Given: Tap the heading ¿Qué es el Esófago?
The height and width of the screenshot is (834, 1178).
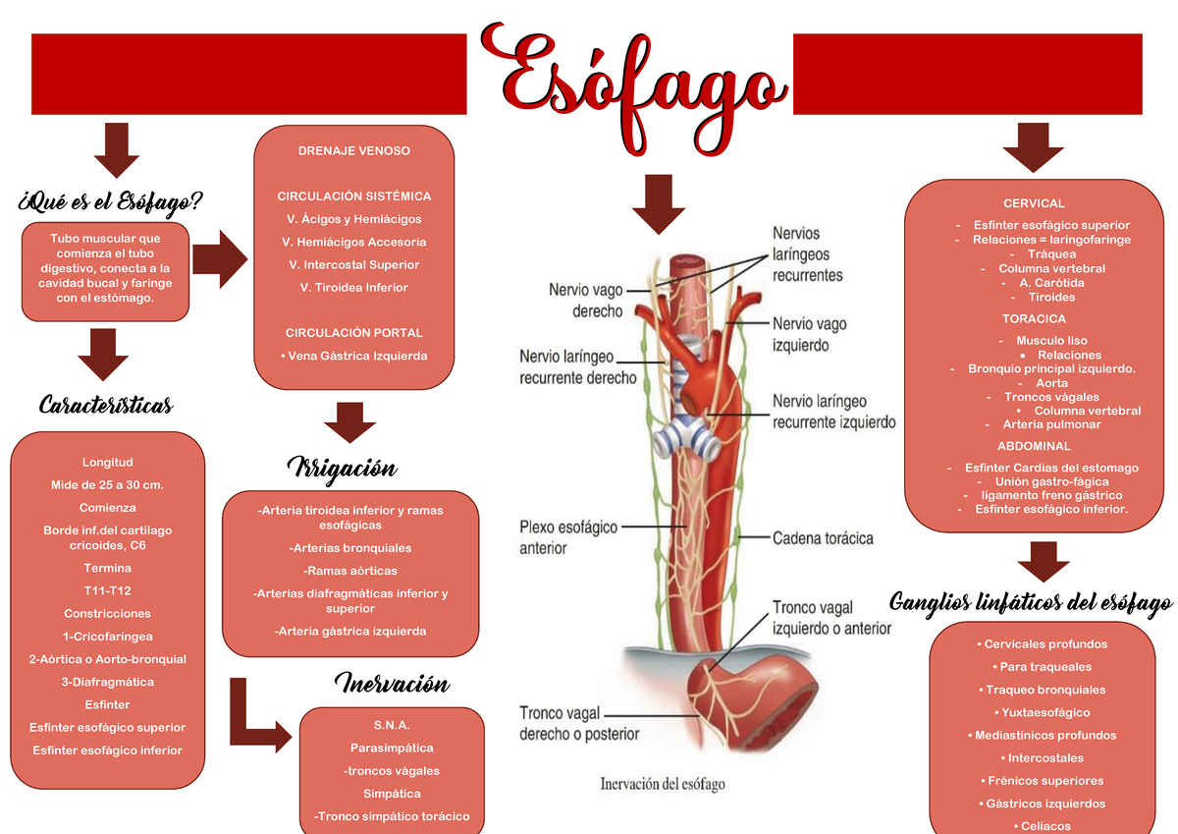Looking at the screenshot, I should (x=110, y=202).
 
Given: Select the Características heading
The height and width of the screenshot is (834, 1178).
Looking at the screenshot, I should (x=106, y=405).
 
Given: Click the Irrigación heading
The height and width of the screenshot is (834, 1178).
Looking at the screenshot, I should (x=341, y=468).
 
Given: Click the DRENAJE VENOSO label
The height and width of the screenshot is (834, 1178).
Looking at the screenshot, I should (x=354, y=151).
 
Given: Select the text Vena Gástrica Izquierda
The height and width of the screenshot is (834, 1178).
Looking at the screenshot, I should (x=354, y=356).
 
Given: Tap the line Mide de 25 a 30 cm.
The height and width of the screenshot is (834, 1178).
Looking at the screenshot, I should (x=107, y=485).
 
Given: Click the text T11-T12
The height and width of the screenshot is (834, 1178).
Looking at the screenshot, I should (x=107, y=590).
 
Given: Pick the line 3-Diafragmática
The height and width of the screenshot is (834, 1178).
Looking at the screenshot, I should (x=107, y=682).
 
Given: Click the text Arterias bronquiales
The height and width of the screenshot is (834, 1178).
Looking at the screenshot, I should (x=350, y=548).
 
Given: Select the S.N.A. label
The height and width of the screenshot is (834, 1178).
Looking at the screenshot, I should (x=391, y=725).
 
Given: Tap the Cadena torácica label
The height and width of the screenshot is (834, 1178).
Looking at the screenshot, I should (x=823, y=538).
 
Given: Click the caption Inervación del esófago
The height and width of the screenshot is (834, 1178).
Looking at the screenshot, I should (x=662, y=784).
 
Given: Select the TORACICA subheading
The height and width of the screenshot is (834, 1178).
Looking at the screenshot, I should (x=1034, y=319).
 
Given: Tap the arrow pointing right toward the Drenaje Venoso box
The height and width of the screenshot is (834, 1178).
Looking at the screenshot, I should (x=219, y=259).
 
